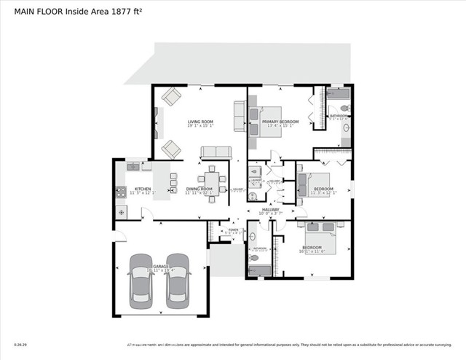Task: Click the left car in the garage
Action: point(140,281)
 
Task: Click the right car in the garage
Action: point(177,281)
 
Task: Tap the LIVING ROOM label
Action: point(200,121)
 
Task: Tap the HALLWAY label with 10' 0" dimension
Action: point(271,209)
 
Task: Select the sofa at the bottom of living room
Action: point(216,152)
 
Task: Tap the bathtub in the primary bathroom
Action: point(339,93)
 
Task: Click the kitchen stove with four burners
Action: point(121,193)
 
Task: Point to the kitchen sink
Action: point(133,166)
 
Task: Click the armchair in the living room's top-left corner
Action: point(172,96)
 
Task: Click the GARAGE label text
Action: point(160,267)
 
